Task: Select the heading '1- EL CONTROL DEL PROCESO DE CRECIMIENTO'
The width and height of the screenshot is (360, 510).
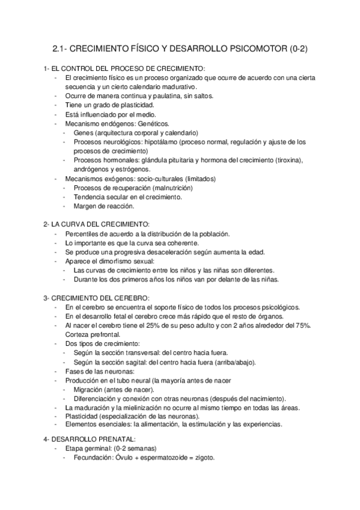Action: (x=124, y=69)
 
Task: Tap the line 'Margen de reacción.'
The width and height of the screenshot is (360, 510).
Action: (x=103, y=206)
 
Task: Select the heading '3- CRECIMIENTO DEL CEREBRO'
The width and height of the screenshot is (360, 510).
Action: (x=96, y=298)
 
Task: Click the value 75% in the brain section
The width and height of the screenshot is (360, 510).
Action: (x=302, y=325)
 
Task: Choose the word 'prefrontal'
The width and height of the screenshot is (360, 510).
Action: (x=108, y=334)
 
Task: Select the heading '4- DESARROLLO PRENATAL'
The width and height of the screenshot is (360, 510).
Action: (x=90, y=439)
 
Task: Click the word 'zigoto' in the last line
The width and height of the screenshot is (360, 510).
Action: (x=204, y=458)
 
